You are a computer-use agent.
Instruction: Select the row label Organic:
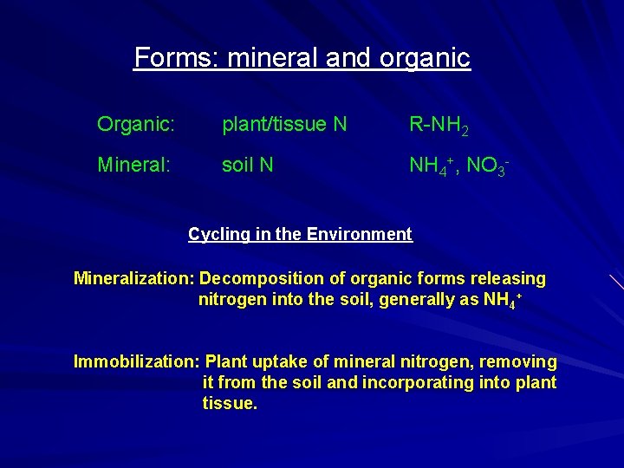[137, 125]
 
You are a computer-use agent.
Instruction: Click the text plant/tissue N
[284, 125]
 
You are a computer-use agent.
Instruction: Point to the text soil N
[248, 164]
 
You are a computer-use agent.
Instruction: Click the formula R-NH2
[439, 126]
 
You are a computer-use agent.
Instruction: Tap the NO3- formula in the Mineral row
[486, 165]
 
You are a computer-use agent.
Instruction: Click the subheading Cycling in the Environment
[300, 234]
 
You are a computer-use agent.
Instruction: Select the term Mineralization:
[133, 279]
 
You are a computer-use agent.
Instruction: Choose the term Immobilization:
[137, 361]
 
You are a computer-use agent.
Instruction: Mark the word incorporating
[446, 382]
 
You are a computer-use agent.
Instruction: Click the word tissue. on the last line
[230, 403]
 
